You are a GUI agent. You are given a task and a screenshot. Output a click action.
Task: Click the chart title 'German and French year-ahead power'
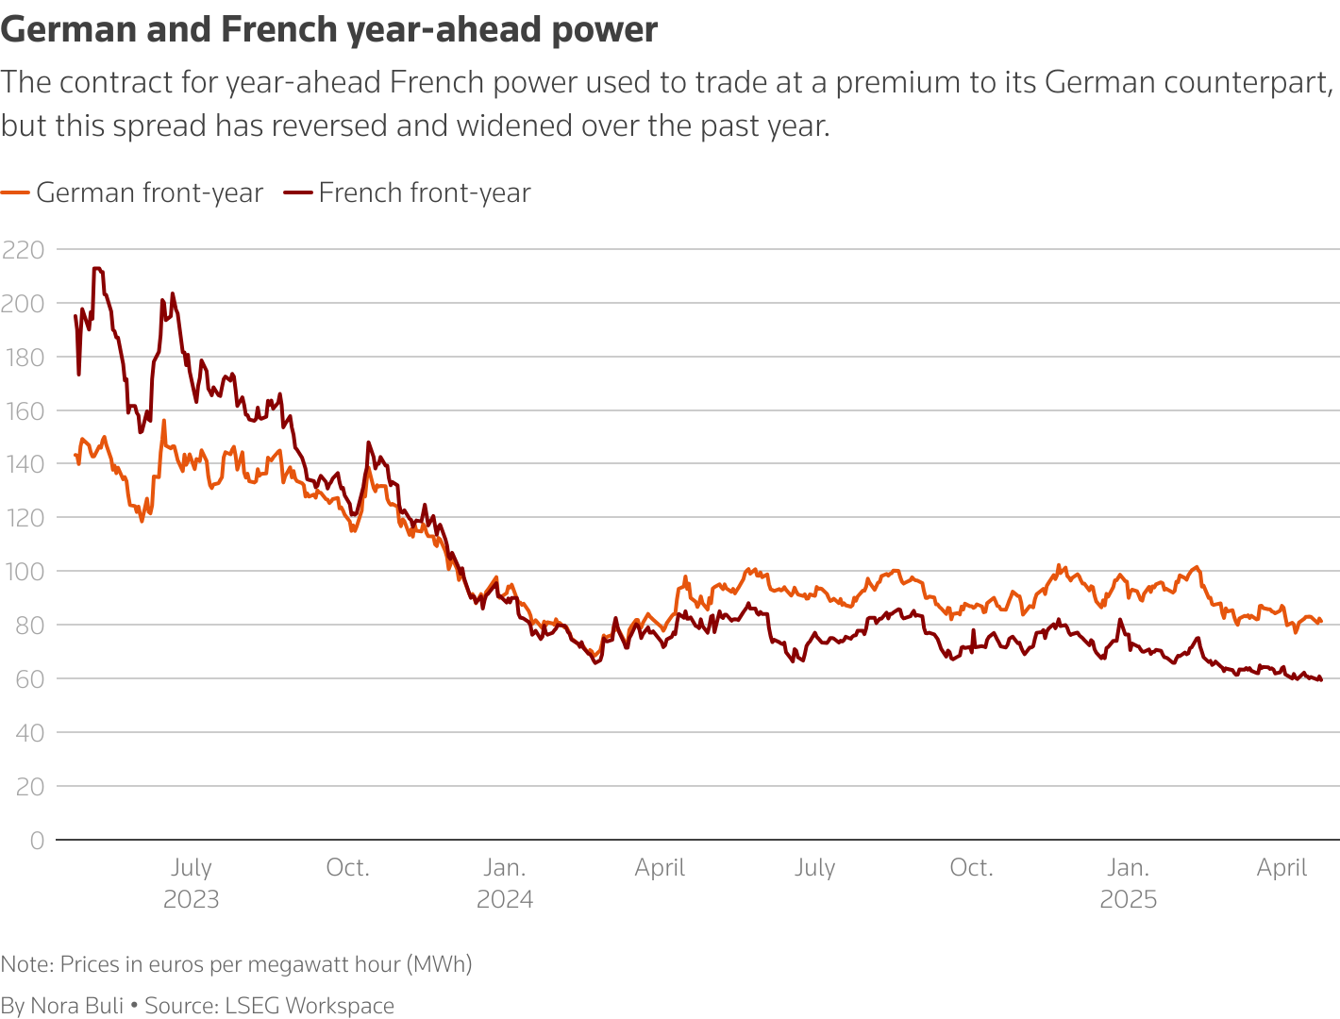tap(329, 30)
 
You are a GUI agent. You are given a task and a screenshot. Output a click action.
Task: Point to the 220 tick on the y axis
tap(24, 250)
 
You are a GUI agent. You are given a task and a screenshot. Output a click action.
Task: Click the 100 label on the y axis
tap(24, 572)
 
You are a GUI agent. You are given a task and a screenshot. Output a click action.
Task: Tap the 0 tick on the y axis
tap(37, 841)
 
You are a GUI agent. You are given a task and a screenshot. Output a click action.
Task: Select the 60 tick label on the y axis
tap(30, 679)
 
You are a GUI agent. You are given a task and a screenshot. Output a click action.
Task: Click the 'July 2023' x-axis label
tap(192, 882)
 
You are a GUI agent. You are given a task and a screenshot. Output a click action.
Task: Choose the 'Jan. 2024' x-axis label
tap(505, 882)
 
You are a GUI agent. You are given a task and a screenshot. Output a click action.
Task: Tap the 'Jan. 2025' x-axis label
tap(1129, 882)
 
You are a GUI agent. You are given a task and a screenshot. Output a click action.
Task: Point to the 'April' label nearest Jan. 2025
tap(1281, 867)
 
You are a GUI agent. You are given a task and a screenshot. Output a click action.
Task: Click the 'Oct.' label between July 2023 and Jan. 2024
tap(347, 867)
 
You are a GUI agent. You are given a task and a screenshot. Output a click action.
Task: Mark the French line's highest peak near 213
tap(96, 268)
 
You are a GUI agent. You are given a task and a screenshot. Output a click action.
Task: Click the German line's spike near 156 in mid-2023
tap(164, 421)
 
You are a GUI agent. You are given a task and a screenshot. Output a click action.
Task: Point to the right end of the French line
tap(1321, 679)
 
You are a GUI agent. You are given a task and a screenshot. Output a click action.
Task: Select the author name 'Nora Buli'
tap(77, 1006)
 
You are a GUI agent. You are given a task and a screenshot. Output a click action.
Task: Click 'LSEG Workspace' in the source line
tap(310, 1006)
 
